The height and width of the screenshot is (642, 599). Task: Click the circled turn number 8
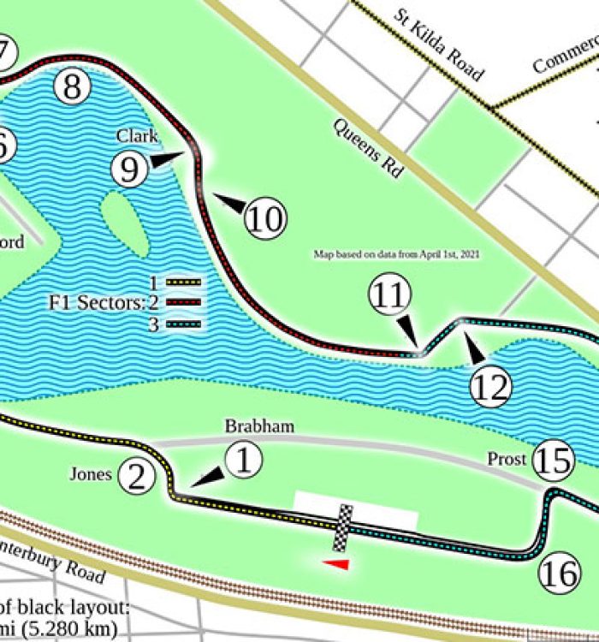[x=72, y=86]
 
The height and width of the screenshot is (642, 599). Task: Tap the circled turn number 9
[x=129, y=169]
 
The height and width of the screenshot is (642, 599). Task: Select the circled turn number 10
[x=265, y=219]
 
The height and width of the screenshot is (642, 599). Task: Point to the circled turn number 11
[x=389, y=296]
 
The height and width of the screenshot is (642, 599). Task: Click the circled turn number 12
[x=490, y=387]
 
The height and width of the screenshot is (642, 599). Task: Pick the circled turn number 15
[x=552, y=461]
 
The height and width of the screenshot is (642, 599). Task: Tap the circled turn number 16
[x=560, y=574]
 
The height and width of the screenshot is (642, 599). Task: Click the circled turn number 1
[x=244, y=461]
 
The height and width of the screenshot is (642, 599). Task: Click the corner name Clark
[x=137, y=136]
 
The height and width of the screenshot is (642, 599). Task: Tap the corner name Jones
[x=91, y=473]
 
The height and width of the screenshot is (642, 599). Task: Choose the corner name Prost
[x=507, y=460]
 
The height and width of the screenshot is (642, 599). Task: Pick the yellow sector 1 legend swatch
[x=182, y=283]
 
